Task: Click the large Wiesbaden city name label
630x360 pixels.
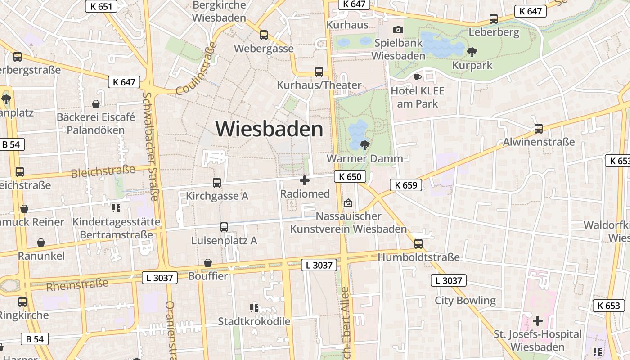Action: pyautogui.click(x=269, y=129)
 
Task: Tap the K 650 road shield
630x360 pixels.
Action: pyautogui.click(x=350, y=176)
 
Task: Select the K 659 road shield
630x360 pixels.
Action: pyautogui.click(x=406, y=184)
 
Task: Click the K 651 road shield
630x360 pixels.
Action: pyautogui.click(x=101, y=6)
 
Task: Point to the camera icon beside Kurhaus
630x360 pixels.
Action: pyautogui.click(x=398, y=30)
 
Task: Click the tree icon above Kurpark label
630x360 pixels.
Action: pyautogui.click(x=472, y=52)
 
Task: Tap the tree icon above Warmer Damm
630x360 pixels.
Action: pyautogui.click(x=365, y=145)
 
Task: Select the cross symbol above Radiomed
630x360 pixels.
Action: pyautogui.click(x=305, y=180)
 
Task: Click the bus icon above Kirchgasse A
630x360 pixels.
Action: pyautogui.click(x=217, y=182)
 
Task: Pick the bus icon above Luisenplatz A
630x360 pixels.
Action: pyautogui.click(x=224, y=227)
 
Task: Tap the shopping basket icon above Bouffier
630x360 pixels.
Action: pyautogui.click(x=208, y=262)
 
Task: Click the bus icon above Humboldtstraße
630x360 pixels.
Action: pyautogui.click(x=418, y=243)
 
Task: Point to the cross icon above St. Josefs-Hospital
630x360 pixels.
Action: pyautogui.click(x=537, y=321)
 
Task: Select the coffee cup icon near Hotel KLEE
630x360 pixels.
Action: pyautogui.click(x=418, y=77)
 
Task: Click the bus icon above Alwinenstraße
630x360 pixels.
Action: pyautogui.click(x=539, y=129)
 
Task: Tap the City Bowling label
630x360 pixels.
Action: pyautogui.click(x=465, y=300)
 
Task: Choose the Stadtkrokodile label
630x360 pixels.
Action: pyautogui.click(x=254, y=321)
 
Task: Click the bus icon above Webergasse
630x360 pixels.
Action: pyautogui.click(x=264, y=35)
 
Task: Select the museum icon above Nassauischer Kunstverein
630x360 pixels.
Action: pyautogui.click(x=348, y=203)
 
